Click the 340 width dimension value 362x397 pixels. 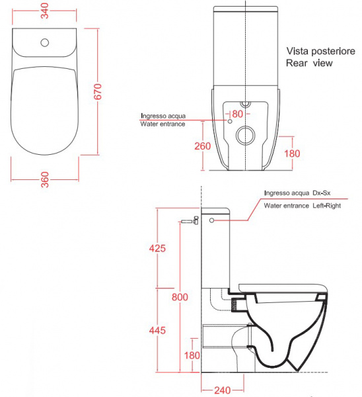click(45, 11)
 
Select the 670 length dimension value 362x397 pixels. click(98, 91)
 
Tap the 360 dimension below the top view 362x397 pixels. click(45, 179)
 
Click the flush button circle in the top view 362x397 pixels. click(45, 42)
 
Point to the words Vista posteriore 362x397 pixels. click(320, 51)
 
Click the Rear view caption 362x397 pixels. click(309, 63)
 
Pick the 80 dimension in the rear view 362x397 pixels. click(237, 114)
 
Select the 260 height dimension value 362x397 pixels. click(203, 146)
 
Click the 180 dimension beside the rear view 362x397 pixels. click(292, 154)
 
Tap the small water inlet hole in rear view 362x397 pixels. click(230, 121)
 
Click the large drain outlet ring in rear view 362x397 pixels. click(245, 135)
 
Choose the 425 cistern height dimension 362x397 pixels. click(157, 248)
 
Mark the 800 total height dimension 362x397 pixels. click(180, 297)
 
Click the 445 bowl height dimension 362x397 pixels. click(157, 330)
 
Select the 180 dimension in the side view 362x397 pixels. click(192, 355)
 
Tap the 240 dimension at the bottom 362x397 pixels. click(223, 390)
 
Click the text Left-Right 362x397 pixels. click(326, 206)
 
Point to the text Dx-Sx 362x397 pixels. click(322, 193)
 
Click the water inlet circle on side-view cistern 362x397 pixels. click(211, 220)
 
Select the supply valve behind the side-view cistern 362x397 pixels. click(190, 221)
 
